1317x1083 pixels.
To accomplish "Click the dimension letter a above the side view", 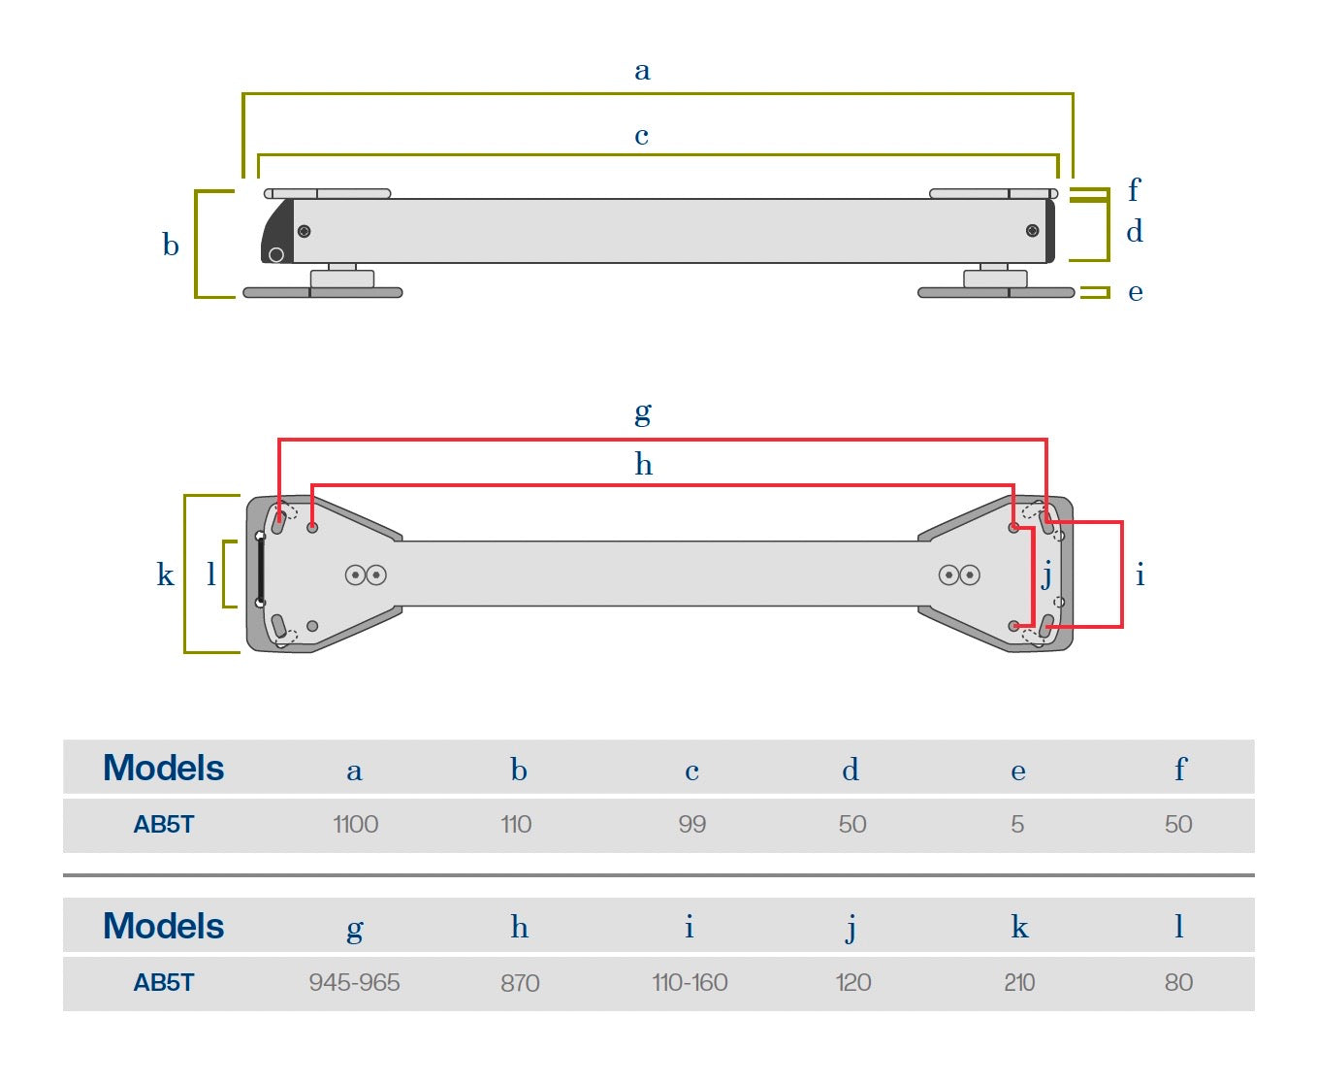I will [642, 71].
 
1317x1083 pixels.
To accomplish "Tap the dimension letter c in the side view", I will [641, 136].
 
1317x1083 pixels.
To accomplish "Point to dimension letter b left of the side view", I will [171, 245].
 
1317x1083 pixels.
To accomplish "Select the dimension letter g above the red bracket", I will [642, 413].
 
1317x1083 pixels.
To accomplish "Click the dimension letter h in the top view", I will [643, 465].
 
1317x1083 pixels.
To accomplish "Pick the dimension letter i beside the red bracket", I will [1140, 574].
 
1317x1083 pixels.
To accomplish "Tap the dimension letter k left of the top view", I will [165, 574].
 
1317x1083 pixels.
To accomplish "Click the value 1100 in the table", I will [355, 825].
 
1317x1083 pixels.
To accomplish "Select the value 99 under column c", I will [691, 825].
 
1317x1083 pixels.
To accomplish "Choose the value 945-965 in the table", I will [354, 983].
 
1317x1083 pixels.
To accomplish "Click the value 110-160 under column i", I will [690, 983].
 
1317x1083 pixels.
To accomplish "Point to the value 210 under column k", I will [1019, 983].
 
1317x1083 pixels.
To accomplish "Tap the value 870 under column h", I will [520, 983].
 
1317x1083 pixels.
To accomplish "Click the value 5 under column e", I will [1017, 825].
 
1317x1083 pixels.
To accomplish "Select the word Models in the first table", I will [163, 769].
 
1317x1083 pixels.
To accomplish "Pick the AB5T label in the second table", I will [163, 983].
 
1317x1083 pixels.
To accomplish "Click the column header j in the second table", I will [851, 929].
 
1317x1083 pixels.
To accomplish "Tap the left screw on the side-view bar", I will [304, 231].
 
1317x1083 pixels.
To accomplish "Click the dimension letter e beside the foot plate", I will [1135, 292].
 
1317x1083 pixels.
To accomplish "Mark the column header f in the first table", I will [1179, 770].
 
